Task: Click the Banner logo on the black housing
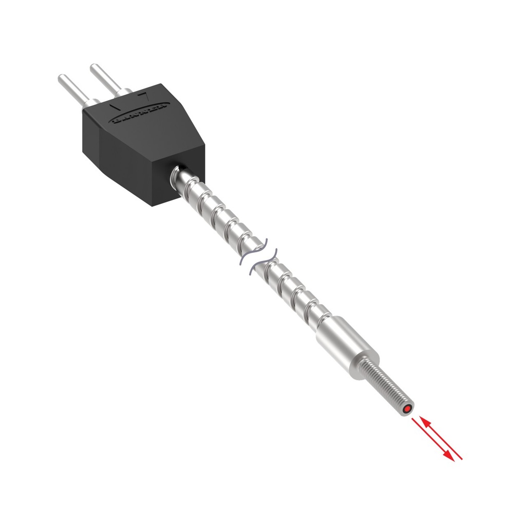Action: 139,114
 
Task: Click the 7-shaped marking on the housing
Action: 145,95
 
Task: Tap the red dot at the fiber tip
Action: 407,409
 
